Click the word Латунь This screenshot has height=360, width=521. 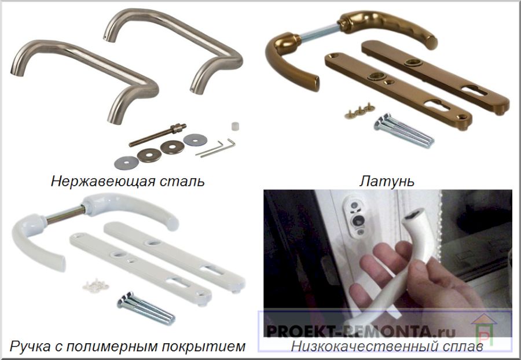[x=387, y=181]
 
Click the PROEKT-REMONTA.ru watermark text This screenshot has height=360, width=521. [x=361, y=331]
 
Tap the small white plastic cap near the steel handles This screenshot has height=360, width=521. [x=235, y=126]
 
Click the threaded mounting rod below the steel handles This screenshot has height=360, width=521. [x=157, y=134]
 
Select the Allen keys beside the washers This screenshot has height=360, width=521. [x=215, y=148]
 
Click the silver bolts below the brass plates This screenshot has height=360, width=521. [x=403, y=131]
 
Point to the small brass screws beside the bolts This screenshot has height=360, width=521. [x=358, y=111]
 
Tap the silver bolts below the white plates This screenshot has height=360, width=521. [x=146, y=308]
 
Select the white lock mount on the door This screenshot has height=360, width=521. [x=355, y=216]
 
